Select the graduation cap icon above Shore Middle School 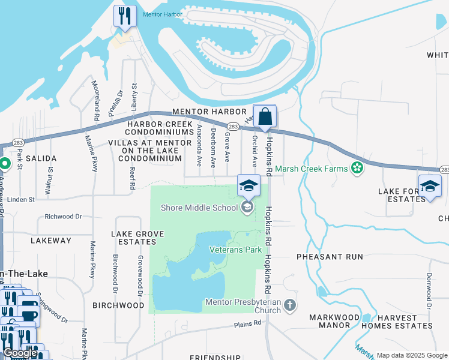[x=249, y=185]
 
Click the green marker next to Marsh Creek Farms [x=358, y=168]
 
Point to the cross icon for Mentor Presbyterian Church [x=289, y=306]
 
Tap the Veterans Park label [x=235, y=249]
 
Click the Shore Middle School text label [x=200, y=208]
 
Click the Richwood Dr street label [x=63, y=217]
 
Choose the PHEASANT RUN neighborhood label [x=330, y=256]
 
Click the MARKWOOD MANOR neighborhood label [x=330, y=321]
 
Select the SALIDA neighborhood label [x=41, y=158]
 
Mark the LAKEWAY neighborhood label [x=50, y=241]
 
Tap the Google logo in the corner [x=20, y=353]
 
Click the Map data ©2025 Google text [x=411, y=355]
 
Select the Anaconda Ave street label [x=199, y=144]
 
